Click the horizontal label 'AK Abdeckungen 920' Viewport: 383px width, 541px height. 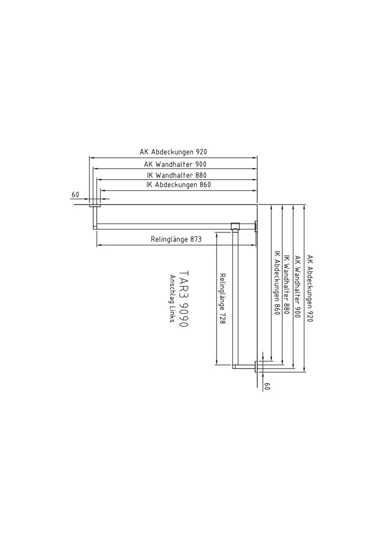(173, 152)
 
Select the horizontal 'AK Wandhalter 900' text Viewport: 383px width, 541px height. (175, 164)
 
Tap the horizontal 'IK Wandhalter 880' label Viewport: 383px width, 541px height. (176, 175)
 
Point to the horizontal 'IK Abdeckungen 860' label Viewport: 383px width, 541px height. (178, 184)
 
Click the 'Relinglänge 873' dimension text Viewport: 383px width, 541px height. (176, 239)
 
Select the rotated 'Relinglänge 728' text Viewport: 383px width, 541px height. (223, 299)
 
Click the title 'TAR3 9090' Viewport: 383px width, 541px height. (184, 299)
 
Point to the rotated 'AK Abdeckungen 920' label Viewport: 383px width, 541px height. (310, 289)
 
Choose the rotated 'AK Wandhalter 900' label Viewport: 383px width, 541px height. (297, 287)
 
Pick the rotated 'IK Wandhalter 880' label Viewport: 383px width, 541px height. (286, 285)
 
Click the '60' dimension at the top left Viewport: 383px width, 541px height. (75, 194)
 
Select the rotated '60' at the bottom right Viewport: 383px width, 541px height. (266, 386)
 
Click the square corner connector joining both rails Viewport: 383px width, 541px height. (235, 226)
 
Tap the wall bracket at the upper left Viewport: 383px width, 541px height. (95, 216)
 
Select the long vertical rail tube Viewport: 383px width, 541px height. (235, 298)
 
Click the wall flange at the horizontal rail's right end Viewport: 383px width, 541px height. (256, 226)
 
